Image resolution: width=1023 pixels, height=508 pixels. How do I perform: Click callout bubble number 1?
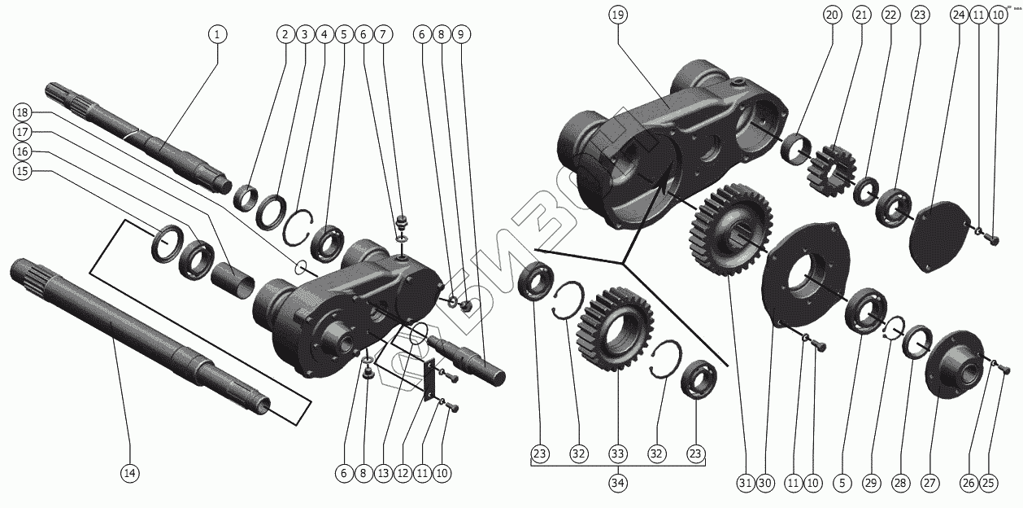coord(217,34)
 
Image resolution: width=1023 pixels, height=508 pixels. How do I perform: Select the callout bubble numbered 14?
coord(129,473)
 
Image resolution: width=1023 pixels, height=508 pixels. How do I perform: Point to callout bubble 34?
coord(618,484)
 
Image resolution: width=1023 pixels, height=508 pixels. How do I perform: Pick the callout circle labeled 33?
coord(618,453)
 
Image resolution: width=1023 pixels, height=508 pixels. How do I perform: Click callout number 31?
coord(745,483)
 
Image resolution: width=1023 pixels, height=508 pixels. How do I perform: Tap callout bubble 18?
coord(22,112)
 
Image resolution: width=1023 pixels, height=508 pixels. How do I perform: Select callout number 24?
coord(959,15)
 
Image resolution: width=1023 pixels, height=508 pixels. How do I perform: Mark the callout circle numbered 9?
coord(461,34)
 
